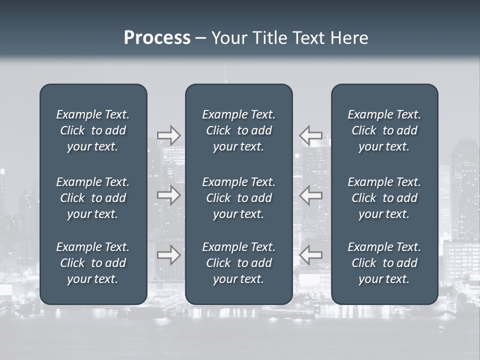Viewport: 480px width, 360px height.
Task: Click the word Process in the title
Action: (x=157, y=38)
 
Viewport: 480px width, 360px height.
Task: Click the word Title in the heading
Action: (x=270, y=38)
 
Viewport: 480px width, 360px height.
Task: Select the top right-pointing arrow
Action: (x=168, y=135)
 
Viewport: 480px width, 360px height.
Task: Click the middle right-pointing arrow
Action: (x=168, y=195)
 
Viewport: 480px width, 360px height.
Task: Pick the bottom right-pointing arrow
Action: (x=168, y=255)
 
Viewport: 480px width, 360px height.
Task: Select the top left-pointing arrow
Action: (x=311, y=135)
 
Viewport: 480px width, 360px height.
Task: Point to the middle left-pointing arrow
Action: (x=311, y=195)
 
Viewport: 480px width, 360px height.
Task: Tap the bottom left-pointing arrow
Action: (x=311, y=255)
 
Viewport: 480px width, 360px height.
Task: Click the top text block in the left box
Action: (x=93, y=130)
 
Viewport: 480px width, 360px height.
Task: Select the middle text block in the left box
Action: (x=93, y=198)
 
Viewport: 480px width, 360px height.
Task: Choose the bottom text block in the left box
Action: (x=93, y=263)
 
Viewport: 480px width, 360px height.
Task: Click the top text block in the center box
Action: (x=239, y=130)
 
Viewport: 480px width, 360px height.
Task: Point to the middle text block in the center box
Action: (x=239, y=198)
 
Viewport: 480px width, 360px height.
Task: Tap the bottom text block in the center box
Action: (x=239, y=263)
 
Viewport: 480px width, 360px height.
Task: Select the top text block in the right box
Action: (x=384, y=130)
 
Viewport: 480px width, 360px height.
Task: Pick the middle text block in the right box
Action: (x=384, y=198)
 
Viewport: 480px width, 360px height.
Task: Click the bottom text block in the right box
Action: (x=384, y=263)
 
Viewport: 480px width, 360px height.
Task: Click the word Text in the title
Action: (x=308, y=38)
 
